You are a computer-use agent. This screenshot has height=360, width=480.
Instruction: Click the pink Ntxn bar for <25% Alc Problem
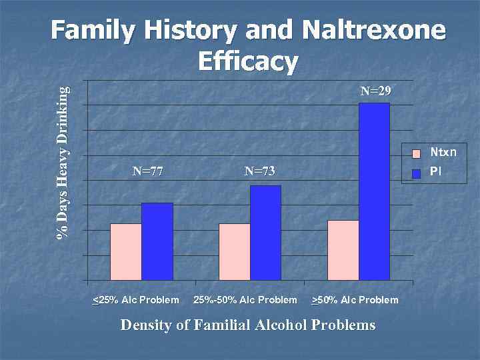(125, 251)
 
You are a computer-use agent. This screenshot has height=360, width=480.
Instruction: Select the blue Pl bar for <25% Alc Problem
(157, 241)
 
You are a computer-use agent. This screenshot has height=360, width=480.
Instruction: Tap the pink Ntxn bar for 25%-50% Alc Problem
(234, 251)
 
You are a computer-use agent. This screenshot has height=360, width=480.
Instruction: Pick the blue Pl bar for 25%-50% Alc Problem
(265, 233)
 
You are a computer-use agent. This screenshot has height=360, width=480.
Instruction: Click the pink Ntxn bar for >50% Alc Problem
(343, 250)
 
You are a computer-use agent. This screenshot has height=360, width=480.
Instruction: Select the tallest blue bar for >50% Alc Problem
(374, 191)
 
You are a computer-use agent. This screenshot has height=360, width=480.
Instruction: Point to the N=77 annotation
(148, 171)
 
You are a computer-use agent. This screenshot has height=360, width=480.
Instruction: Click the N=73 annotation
(259, 171)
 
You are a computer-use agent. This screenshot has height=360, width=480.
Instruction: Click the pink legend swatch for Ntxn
(417, 153)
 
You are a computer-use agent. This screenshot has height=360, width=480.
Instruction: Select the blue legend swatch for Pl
(417, 173)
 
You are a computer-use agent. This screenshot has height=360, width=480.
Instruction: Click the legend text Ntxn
(443, 153)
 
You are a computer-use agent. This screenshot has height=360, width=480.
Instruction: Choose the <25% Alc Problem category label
(135, 300)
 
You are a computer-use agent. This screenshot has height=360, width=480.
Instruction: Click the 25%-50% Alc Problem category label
(245, 300)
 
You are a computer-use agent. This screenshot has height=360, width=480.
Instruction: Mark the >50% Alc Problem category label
(355, 300)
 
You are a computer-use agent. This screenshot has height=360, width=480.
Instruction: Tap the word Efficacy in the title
(248, 61)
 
